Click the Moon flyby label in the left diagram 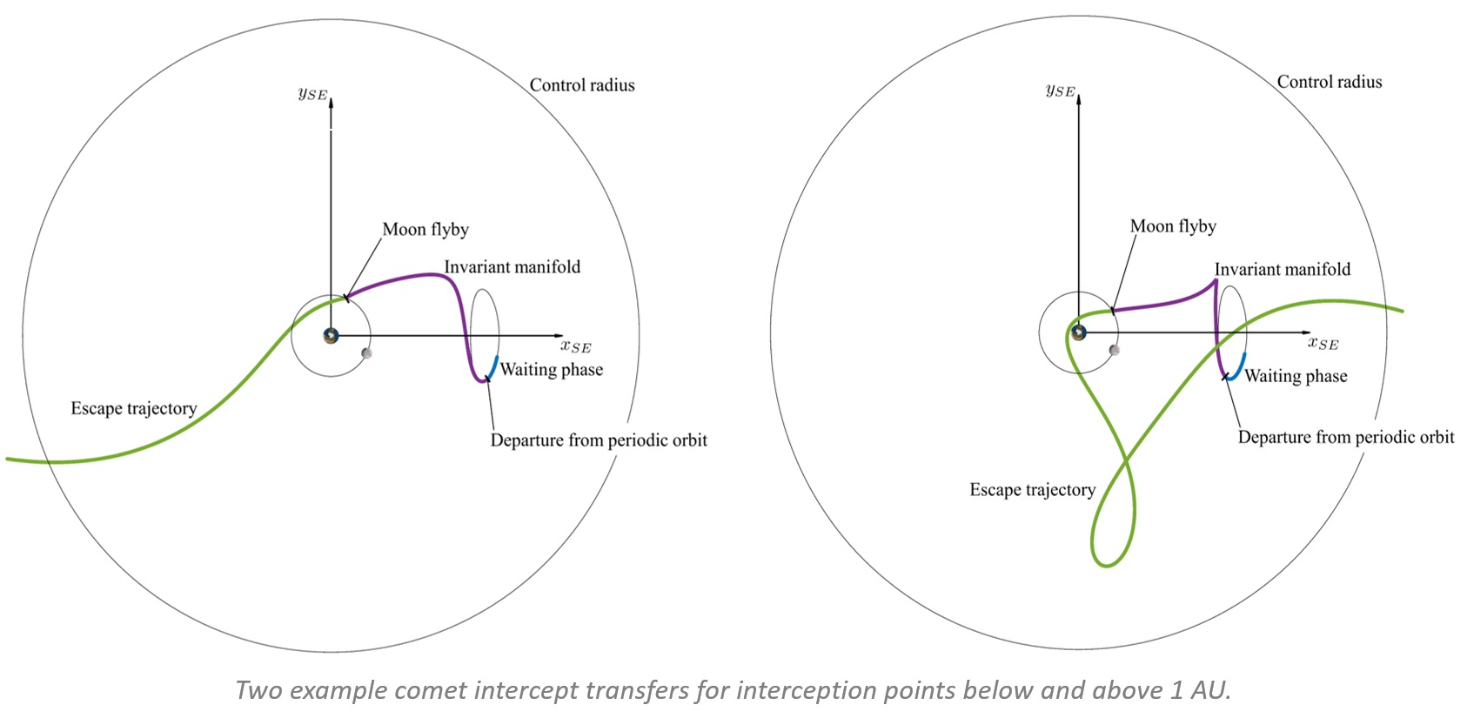tap(425, 230)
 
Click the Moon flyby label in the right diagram tap(1173, 226)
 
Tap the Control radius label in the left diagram tap(582, 85)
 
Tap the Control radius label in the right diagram tap(1329, 82)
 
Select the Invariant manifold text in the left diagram tap(512, 267)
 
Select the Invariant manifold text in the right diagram tap(1282, 270)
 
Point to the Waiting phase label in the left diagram tap(552, 370)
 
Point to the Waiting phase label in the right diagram tap(1296, 376)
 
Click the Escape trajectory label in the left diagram tap(133, 408)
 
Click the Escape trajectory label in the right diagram tap(1032, 490)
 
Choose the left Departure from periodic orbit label tap(599, 440)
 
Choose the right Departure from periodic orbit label tap(1345, 437)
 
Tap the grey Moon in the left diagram tap(366, 352)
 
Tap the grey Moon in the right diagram tap(1114, 350)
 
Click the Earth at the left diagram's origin tap(331, 335)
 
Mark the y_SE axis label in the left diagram tap(312, 93)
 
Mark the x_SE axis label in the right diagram tap(1323, 343)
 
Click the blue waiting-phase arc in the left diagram tap(492, 368)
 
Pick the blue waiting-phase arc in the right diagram tap(1238, 366)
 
